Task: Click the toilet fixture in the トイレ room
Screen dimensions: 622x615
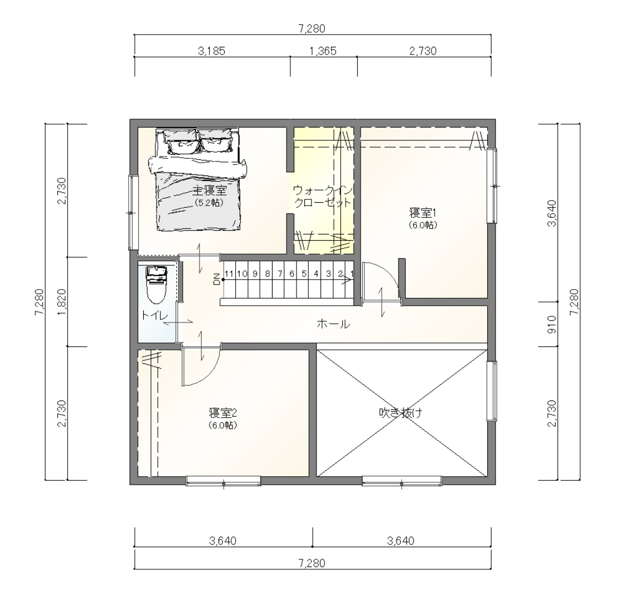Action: pyautogui.click(x=157, y=285)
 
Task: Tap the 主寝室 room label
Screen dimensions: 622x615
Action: pyautogui.click(x=210, y=191)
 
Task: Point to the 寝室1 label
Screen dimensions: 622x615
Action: pyautogui.click(x=423, y=213)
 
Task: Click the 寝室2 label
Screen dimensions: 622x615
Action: pyautogui.click(x=223, y=413)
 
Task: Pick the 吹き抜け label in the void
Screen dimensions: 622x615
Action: pyautogui.click(x=401, y=413)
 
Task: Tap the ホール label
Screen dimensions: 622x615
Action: pyautogui.click(x=333, y=324)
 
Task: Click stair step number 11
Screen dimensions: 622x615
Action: pyautogui.click(x=229, y=274)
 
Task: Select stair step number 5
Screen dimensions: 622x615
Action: pyautogui.click(x=304, y=274)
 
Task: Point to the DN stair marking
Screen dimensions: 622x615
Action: pyautogui.click(x=217, y=280)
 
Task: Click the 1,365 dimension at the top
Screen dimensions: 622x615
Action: pyautogui.click(x=323, y=51)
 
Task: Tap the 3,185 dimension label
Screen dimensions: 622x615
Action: pyautogui.click(x=211, y=51)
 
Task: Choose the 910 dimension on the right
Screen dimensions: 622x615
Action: pyautogui.click(x=552, y=324)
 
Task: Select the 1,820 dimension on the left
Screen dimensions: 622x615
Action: pyautogui.click(x=62, y=302)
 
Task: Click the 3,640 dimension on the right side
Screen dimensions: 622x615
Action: pyautogui.click(x=552, y=213)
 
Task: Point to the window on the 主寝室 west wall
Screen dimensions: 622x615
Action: pyautogui.click(x=133, y=213)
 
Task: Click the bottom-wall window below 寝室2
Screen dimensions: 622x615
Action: pyautogui.click(x=223, y=481)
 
